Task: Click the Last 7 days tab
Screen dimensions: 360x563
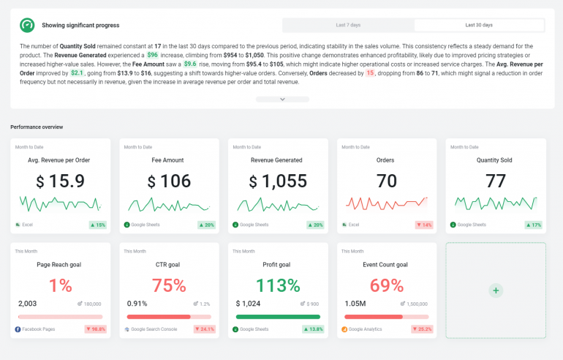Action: click(348, 25)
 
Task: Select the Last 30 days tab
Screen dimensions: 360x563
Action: click(479, 25)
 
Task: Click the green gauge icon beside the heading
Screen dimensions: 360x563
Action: click(27, 25)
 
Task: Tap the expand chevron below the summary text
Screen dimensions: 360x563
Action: click(282, 99)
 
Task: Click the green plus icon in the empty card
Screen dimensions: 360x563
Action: click(496, 290)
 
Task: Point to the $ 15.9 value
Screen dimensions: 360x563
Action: click(60, 181)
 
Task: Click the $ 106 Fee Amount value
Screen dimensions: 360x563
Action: click(169, 181)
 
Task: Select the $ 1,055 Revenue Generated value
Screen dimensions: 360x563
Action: click(278, 181)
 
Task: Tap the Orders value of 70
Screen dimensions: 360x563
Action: click(387, 181)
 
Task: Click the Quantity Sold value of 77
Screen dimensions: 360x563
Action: click(496, 181)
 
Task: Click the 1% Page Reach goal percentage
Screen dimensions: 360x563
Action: click(60, 285)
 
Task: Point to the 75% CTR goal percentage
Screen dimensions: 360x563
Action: click(169, 285)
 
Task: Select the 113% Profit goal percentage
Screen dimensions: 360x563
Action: click(278, 285)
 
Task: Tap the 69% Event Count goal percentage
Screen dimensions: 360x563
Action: click(387, 285)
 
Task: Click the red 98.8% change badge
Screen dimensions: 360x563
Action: click(95, 329)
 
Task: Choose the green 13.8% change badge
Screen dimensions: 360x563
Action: click(313, 329)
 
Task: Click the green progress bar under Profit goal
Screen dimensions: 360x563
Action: click(278, 317)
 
